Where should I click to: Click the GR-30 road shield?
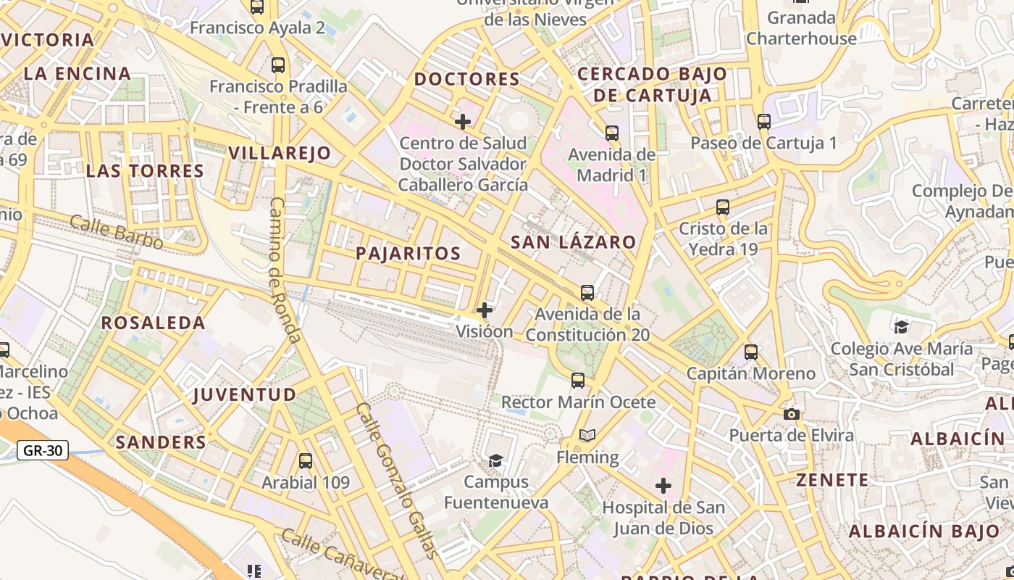pos(43,450)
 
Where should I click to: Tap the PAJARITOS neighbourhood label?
pos(408,253)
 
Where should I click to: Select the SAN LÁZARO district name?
pos(573,242)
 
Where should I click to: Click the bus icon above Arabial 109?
pos(306,460)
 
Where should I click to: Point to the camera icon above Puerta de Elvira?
pos(792,414)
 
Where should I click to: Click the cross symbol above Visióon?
pos(485,310)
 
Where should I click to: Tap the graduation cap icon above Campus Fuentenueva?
pos(495,460)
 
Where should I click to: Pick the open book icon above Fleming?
pos(587,436)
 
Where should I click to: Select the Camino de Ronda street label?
pos(284,270)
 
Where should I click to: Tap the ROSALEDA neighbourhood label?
pos(153,323)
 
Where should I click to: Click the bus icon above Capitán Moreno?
pos(751,352)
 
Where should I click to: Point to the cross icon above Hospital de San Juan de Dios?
pos(663,486)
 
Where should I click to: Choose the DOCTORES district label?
pos(466,79)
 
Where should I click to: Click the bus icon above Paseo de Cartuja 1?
pos(764,121)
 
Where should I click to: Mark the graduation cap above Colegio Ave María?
pos(901,327)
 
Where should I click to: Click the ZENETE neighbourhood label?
pos(832,479)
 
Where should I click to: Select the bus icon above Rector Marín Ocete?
pos(578,380)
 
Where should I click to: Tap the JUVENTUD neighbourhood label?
pos(245,394)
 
